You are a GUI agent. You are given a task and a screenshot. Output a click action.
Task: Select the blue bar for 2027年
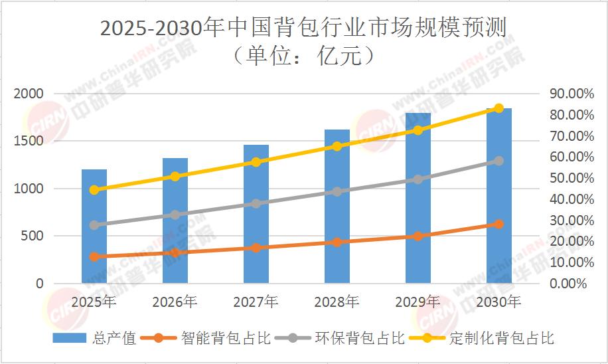pyautogui.click(x=256, y=214)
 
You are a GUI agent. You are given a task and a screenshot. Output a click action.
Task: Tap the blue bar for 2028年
pyautogui.click(x=337, y=206)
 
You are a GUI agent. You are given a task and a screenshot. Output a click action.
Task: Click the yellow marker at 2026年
pyautogui.click(x=175, y=177)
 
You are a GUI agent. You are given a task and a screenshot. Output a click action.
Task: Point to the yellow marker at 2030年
pyautogui.click(x=499, y=108)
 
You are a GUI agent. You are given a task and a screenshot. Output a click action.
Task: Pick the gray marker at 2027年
pyautogui.click(x=256, y=203)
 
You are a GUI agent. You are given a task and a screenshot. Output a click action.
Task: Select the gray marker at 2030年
pyautogui.click(x=499, y=161)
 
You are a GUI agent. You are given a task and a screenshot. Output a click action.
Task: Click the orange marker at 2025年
pyautogui.click(x=94, y=256)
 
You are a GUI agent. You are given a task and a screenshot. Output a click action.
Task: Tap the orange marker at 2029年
pyautogui.click(x=418, y=236)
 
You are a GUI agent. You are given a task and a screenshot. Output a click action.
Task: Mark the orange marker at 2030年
pyautogui.click(x=499, y=224)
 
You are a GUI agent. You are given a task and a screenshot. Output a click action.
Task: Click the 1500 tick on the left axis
pyautogui.click(x=30, y=141)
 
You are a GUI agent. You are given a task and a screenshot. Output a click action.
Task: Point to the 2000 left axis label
pyautogui.click(x=30, y=94)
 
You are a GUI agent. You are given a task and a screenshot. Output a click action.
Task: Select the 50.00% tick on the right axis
pyautogui.click(x=568, y=178)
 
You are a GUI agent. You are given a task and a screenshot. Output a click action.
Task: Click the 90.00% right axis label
pyautogui.click(x=568, y=94)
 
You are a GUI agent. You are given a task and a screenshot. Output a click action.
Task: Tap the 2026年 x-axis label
pyautogui.click(x=175, y=302)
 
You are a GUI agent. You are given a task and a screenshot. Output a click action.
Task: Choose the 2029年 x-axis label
pyautogui.click(x=418, y=302)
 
